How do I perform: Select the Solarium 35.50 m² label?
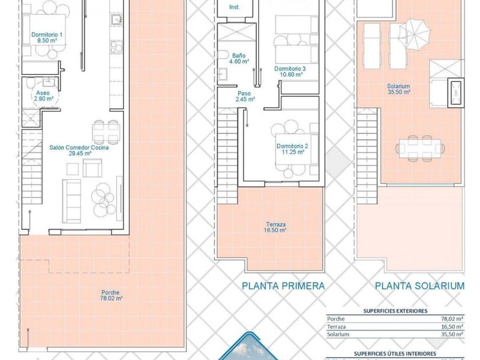[x=398, y=89]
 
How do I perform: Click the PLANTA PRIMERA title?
[x=283, y=286]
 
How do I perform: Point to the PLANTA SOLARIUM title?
[x=419, y=286]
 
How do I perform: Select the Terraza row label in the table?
[x=336, y=326]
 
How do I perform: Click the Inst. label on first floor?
[x=234, y=7]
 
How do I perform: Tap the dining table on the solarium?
[x=420, y=148]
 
